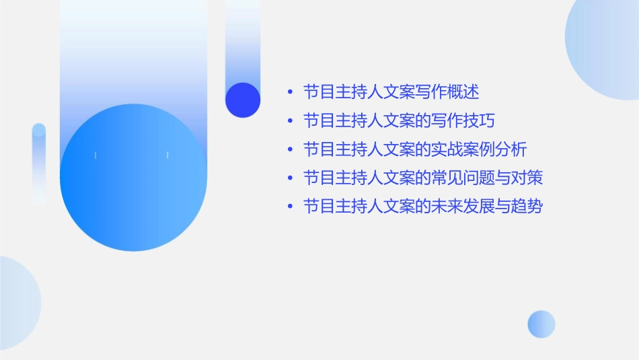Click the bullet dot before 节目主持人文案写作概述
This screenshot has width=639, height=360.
pos(289,92)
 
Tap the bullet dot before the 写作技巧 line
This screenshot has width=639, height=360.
pos(289,121)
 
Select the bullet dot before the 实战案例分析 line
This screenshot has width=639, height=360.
pos(289,149)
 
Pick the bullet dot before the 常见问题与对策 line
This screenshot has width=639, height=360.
pos(289,178)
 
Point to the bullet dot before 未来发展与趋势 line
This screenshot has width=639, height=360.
pos(289,207)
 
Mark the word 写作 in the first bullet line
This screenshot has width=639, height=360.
pos(430,92)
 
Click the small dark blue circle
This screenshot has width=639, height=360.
pos(243,100)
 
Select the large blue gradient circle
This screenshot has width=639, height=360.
pos(133,178)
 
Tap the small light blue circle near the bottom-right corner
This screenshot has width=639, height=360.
pos(541,324)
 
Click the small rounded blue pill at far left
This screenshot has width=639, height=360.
pos(39,163)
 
